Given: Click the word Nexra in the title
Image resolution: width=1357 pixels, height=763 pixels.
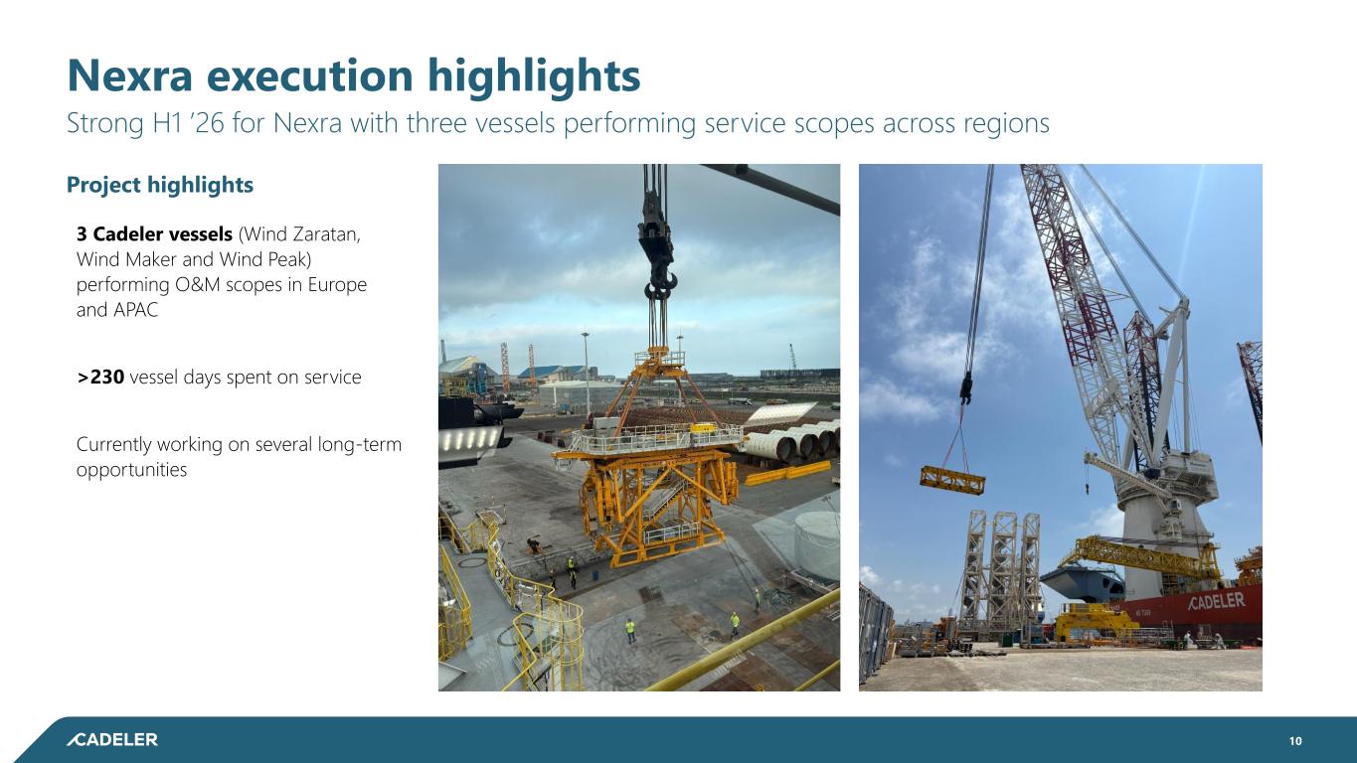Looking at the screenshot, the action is point(129,76).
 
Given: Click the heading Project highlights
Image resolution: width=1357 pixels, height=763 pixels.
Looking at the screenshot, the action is point(160,185).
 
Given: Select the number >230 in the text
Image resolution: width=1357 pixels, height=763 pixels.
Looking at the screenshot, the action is point(100,377).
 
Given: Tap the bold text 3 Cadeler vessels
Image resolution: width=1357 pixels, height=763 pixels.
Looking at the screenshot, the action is point(154,233).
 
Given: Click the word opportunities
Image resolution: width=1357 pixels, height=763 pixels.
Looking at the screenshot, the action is point(131,470).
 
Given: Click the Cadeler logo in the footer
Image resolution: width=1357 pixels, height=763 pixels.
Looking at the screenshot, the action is point(112,739).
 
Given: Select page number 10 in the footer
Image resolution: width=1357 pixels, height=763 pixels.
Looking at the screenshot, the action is point(1295,740).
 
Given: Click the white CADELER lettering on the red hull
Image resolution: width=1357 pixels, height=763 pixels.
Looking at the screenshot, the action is point(1217,601).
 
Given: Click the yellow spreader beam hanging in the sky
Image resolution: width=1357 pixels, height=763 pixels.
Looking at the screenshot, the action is point(952,480).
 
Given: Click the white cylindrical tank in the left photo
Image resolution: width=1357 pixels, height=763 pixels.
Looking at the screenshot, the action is point(816,543).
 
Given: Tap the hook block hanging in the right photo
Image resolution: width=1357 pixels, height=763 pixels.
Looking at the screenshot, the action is point(966,388).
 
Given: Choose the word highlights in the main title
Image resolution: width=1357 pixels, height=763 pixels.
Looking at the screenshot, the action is point(534,76).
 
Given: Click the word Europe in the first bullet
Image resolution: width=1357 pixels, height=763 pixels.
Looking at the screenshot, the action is point(337,284).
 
